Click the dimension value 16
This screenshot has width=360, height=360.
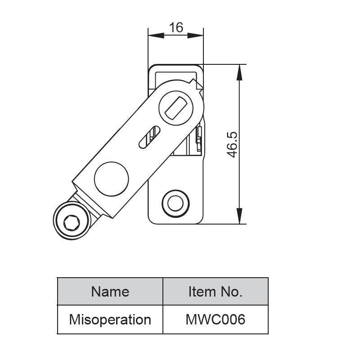pyautogui.click(x=176, y=28)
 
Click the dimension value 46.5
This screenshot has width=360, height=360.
pyautogui.click(x=232, y=144)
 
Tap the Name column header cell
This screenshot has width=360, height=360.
pyautogui.click(x=110, y=292)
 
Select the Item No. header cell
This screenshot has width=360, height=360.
pyautogui.click(x=215, y=292)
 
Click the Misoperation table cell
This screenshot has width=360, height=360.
pyautogui.click(x=110, y=319)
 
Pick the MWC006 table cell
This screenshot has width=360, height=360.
pyautogui.click(x=215, y=319)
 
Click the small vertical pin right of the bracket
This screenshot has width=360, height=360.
pyautogui.click(x=198, y=137)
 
